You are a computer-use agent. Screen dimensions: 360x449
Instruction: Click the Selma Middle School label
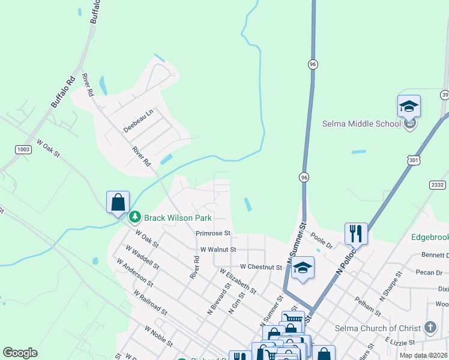pos(361,124)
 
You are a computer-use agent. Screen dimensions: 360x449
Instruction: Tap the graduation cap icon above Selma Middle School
pos(409,107)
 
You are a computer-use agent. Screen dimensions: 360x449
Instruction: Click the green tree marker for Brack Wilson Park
pos(136,216)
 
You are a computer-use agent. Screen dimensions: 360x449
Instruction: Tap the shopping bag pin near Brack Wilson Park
pos(118,202)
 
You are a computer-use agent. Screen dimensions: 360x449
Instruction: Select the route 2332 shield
pos(438,185)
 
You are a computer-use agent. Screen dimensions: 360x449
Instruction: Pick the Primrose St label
pos(213,233)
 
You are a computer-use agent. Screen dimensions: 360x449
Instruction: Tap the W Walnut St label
pos(218,249)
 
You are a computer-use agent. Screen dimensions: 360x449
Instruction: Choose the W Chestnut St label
pos(261,266)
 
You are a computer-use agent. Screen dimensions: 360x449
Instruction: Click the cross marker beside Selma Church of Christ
pos(430,328)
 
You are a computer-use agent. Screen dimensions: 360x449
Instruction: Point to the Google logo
pos(20,353)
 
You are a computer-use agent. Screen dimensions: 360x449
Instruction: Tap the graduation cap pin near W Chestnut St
pos(303,268)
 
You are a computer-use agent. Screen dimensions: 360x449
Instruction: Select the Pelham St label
pos(367,307)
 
